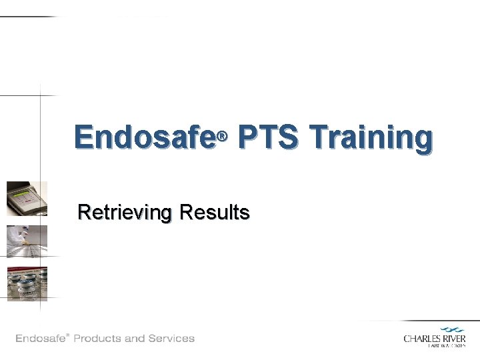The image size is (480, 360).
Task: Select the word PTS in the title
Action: (x=267, y=138)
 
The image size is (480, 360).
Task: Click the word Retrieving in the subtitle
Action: (x=125, y=213)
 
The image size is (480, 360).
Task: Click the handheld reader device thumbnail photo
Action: (x=27, y=199)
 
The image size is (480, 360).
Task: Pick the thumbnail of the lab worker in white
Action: (x=27, y=241)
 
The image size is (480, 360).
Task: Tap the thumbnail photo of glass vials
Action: (x=27, y=283)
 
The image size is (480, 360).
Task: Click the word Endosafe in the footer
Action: (x=39, y=339)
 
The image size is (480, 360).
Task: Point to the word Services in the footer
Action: (x=172, y=339)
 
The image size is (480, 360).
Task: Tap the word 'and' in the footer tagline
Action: (x=135, y=339)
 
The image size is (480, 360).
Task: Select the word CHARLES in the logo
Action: (x=421, y=339)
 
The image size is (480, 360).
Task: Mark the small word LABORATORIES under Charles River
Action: (x=446, y=346)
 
